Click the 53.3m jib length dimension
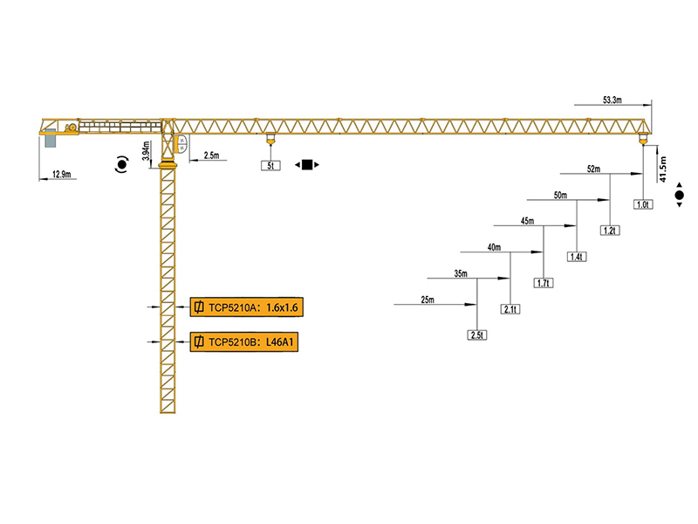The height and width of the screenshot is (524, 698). (x=611, y=101)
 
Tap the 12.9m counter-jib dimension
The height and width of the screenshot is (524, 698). (x=61, y=174)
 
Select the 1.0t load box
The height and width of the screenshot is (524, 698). (x=644, y=204)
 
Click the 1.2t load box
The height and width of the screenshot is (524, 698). (x=610, y=231)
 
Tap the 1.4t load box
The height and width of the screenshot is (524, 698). (x=577, y=257)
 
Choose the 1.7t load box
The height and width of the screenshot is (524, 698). (x=544, y=283)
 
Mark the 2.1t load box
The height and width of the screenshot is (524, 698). (x=510, y=309)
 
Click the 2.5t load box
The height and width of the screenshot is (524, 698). (x=477, y=335)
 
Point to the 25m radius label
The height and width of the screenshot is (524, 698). (x=428, y=300)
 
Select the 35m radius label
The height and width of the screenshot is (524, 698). (x=461, y=273)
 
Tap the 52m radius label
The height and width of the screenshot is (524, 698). (x=593, y=169)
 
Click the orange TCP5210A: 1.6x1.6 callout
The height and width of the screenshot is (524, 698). (x=243, y=307)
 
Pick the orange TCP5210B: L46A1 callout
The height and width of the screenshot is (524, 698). (x=243, y=341)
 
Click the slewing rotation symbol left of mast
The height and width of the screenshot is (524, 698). (x=120, y=164)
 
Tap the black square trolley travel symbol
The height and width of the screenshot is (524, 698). (x=306, y=164)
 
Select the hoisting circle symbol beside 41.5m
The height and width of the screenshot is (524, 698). (x=680, y=197)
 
